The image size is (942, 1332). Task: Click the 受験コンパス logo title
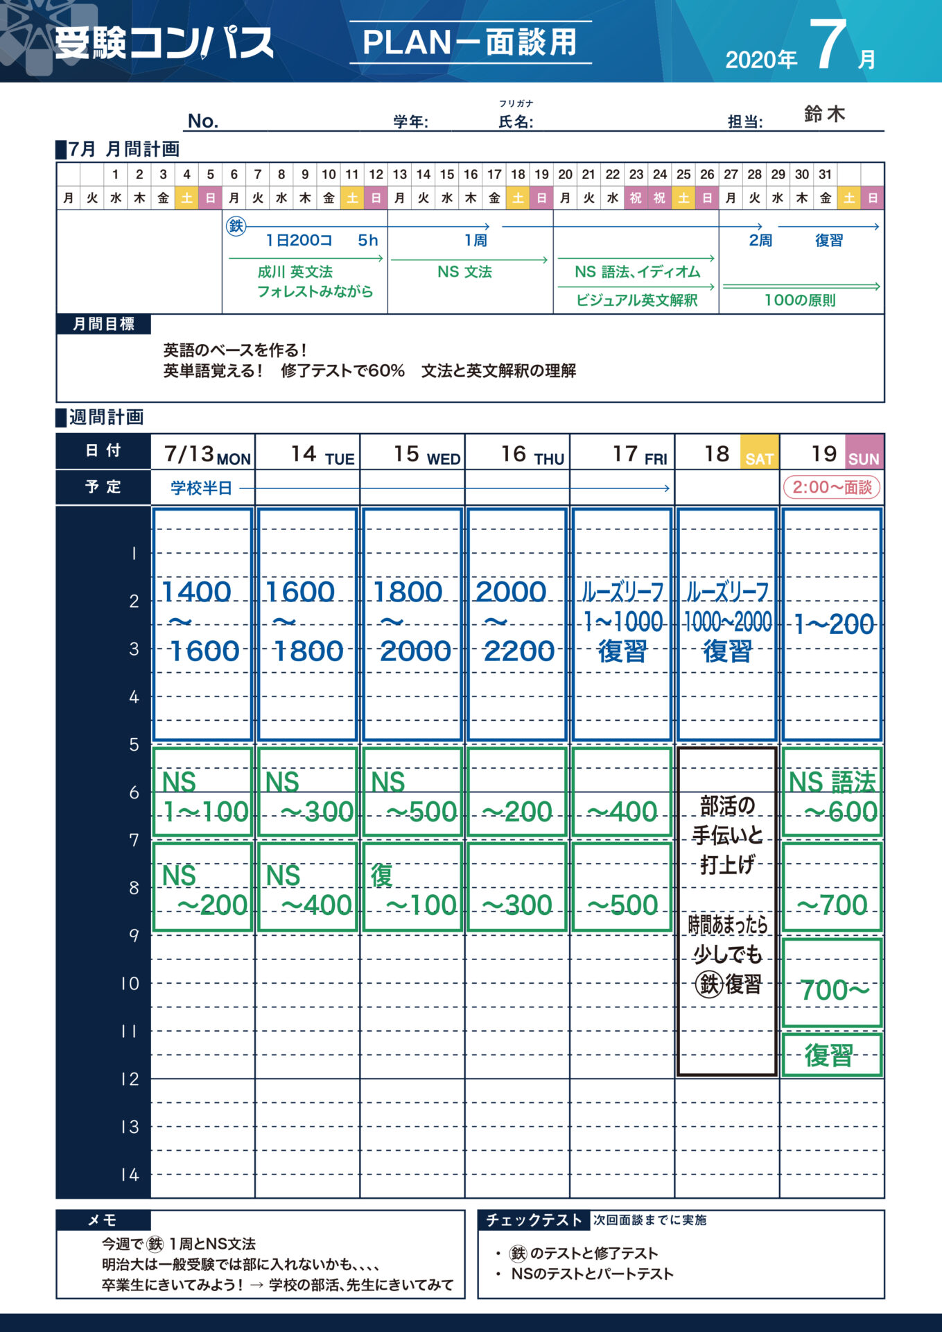[x=164, y=43]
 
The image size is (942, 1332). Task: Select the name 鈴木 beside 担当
[x=824, y=114]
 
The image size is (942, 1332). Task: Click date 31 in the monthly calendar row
[x=825, y=174]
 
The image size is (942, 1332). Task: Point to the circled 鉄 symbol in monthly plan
[x=236, y=225]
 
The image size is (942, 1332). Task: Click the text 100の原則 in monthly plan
[x=800, y=300]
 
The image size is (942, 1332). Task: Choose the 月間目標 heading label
[x=103, y=324]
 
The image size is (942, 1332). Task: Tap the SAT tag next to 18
[x=759, y=459]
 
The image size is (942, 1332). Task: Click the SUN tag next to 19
[x=864, y=459]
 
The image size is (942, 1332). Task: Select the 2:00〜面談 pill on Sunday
[x=831, y=487]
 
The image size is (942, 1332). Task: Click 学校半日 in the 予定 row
[x=201, y=488]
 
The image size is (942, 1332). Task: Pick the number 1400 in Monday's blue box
[x=196, y=592]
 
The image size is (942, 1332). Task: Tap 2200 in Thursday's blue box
[x=519, y=651]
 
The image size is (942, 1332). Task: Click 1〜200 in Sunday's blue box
[x=833, y=624]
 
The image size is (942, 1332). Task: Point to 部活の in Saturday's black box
[x=727, y=806]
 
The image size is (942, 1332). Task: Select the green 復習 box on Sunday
[x=830, y=1055]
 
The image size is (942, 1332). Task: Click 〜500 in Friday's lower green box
[x=622, y=905]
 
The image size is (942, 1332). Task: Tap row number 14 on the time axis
[x=130, y=1175]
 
